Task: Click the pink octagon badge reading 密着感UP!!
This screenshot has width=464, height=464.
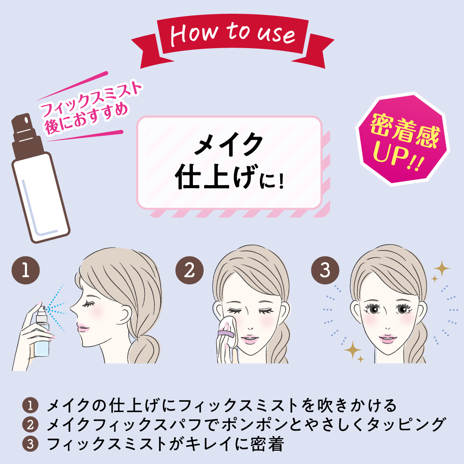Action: [x=403, y=139]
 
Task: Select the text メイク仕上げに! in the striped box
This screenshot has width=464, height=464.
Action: [x=229, y=162]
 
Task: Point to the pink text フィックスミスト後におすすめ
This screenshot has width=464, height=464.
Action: [x=89, y=107]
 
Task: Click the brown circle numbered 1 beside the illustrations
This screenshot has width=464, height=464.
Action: [x=26, y=270]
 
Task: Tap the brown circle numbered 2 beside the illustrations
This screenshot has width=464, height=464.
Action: [x=189, y=270]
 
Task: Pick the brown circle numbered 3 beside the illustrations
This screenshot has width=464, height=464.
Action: [x=325, y=270]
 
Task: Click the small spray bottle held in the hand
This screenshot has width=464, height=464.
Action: [x=42, y=331]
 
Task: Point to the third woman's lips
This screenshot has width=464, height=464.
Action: [x=388, y=338]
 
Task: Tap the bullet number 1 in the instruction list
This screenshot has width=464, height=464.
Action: [x=30, y=406]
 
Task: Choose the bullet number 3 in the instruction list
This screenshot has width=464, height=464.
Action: [x=30, y=444]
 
